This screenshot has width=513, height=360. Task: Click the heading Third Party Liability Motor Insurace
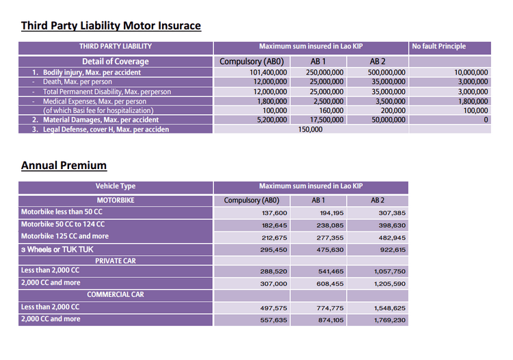[x=111, y=26]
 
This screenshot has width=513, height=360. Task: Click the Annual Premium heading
[x=64, y=166]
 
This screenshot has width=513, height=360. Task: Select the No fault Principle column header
[x=439, y=47]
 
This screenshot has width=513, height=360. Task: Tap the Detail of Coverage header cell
[x=116, y=62]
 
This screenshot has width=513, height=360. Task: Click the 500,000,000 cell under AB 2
[x=386, y=72]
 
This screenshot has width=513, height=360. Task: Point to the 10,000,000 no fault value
[x=471, y=72]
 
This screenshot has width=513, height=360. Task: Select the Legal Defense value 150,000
[x=311, y=129]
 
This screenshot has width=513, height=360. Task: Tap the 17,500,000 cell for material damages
[x=325, y=120]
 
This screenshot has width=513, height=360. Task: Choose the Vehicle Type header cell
[x=116, y=186]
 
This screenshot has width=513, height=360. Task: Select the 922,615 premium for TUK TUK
[x=391, y=250]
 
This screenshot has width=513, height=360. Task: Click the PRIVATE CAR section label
[x=116, y=261]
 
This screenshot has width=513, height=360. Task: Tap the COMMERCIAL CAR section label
[x=116, y=295]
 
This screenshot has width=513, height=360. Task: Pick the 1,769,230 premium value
[x=389, y=320]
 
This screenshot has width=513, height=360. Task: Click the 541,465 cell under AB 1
[x=330, y=272]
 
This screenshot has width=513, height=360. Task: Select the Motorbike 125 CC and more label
[x=65, y=236]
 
